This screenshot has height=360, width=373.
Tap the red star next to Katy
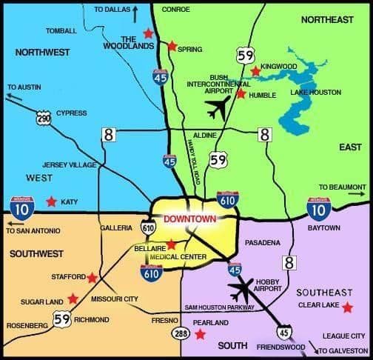pyautogui.click(x=51, y=201)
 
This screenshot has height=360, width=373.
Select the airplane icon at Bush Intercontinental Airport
pyautogui.click(x=218, y=110)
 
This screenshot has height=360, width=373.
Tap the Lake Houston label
pyautogui.click(x=316, y=93)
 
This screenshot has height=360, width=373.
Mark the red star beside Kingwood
pyautogui.click(x=255, y=71)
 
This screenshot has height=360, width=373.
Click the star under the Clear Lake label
pyautogui.click(x=347, y=307)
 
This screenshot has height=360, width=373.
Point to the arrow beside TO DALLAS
pyautogui.click(x=136, y=10)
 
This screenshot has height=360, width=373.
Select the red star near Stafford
pyautogui.click(x=92, y=278)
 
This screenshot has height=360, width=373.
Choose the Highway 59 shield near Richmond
pyautogui.click(x=62, y=319)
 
